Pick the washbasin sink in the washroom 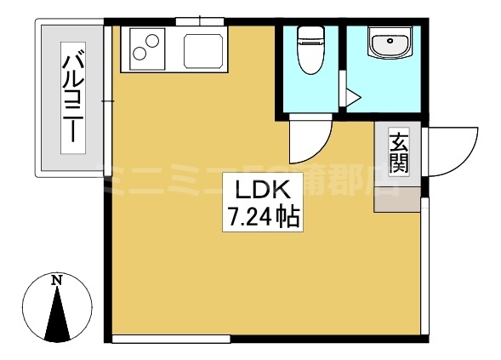(x=389, y=42)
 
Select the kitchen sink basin (x=205, y=50)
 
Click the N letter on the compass (x=56, y=280)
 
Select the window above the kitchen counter (x=200, y=21)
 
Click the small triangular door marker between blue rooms (x=344, y=94)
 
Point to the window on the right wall (x=423, y=272)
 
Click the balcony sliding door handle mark (x=107, y=102)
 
